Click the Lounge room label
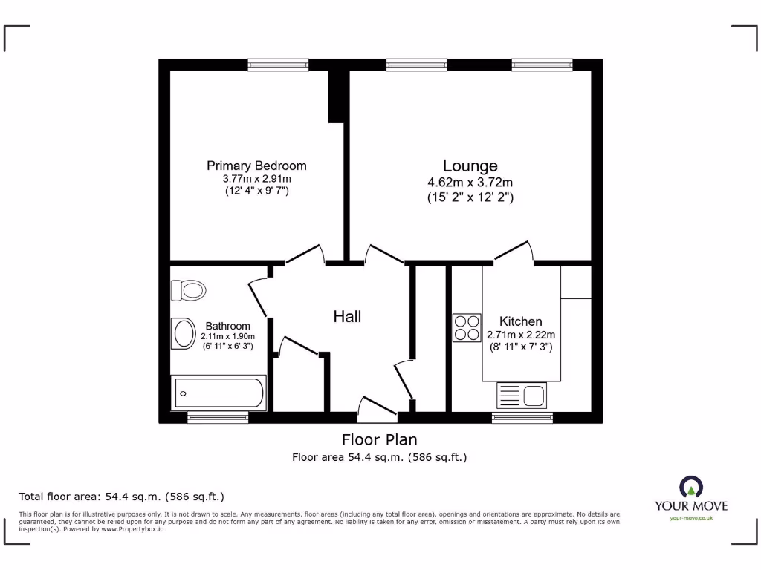point(470,166)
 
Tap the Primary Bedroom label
point(256,166)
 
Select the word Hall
point(347,317)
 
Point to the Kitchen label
point(520,321)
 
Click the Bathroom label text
point(227,326)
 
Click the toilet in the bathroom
point(188,290)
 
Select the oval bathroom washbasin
point(184,334)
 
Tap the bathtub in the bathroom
point(218,393)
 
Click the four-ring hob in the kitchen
point(467,328)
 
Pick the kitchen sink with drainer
point(522,395)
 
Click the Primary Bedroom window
point(278,65)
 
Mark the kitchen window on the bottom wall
point(522,418)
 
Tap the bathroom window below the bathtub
point(218,418)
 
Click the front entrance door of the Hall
point(378,407)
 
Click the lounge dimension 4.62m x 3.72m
point(470,183)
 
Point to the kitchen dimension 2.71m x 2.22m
point(520,335)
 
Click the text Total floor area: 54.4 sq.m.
point(121,497)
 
